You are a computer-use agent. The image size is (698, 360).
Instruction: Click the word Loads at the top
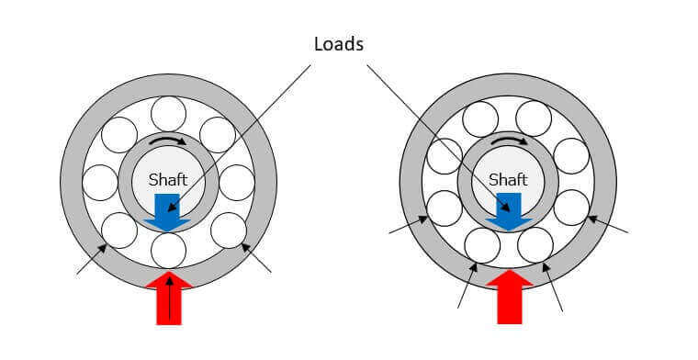click(339, 44)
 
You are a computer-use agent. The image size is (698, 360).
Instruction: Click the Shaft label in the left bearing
click(168, 180)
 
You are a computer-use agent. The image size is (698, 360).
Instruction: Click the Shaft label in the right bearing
click(508, 180)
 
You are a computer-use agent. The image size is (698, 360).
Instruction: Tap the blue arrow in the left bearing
click(167, 212)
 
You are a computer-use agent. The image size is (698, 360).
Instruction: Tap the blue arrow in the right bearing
click(509, 212)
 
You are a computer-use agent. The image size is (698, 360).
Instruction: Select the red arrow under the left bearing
click(169, 298)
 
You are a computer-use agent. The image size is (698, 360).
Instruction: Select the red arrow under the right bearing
click(509, 297)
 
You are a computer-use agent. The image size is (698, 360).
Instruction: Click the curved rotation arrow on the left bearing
click(168, 141)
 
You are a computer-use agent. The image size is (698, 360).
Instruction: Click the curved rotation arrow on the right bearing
click(509, 141)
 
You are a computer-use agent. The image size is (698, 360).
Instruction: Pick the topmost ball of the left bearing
click(168, 114)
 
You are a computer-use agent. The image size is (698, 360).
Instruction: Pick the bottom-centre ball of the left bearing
click(168, 251)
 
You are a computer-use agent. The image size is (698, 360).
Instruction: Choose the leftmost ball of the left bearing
click(100, 183)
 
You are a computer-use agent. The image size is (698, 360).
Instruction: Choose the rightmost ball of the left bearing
click(237, 183)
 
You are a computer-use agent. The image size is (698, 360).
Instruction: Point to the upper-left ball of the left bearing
click(119, 135)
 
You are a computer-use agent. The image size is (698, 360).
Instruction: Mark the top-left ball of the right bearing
click(480, 118)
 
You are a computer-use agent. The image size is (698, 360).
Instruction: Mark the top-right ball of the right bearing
click(534, 118)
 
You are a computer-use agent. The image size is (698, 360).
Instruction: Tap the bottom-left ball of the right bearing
click(482, 245)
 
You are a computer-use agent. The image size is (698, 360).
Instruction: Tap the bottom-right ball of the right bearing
click(535, 245)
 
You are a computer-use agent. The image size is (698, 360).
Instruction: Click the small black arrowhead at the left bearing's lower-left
click(102, 248)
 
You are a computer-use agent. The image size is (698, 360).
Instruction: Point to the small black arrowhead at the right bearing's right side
click(591, 219)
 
